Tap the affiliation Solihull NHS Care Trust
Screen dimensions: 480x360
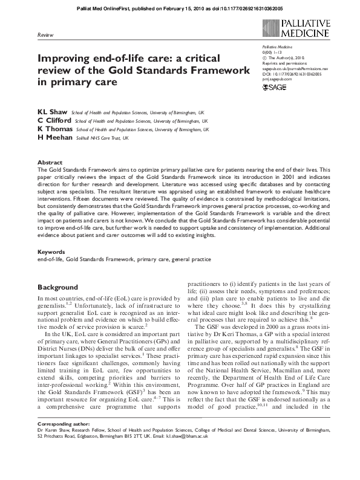tap(100, 138)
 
